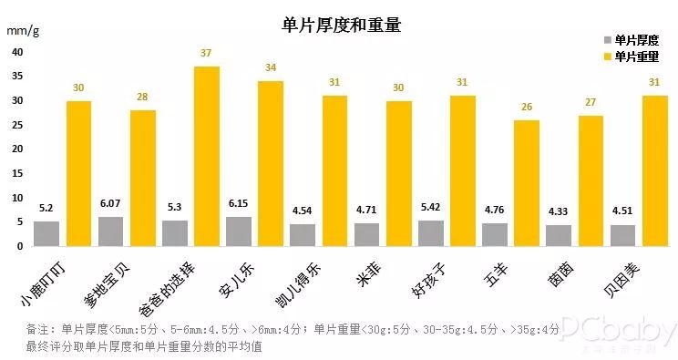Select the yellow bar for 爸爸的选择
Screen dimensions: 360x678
pos(206,156)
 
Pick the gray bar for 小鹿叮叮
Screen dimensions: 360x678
pos(46,233)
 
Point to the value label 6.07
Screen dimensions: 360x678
pos(111,205)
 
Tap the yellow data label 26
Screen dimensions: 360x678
pos(526,108)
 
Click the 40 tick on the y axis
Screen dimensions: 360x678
pos(17,52)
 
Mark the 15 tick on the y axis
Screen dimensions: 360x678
pos(17,173)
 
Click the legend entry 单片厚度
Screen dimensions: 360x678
pos(631,40)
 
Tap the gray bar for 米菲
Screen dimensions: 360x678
pos(366,234)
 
